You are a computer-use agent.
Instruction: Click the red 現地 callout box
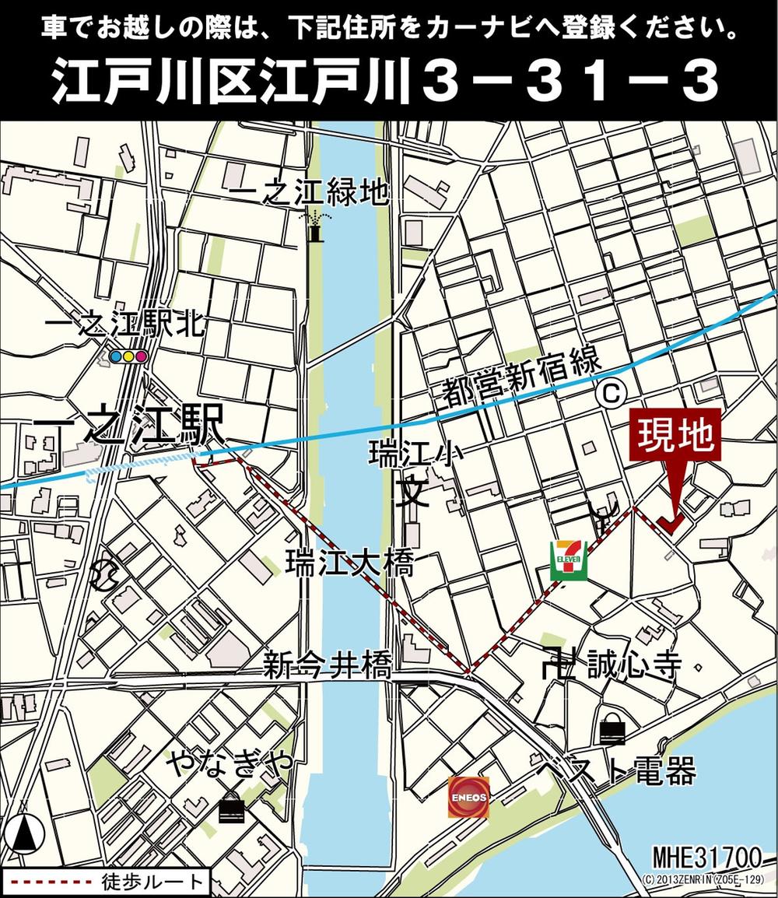675,437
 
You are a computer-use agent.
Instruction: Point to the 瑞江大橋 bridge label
348,563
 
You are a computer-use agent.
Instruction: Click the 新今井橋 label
326,665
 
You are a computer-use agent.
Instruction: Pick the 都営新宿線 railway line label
522,380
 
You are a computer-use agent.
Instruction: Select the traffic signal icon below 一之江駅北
128,357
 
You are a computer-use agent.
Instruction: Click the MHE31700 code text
706,858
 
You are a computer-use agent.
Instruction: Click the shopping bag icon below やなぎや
231,808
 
